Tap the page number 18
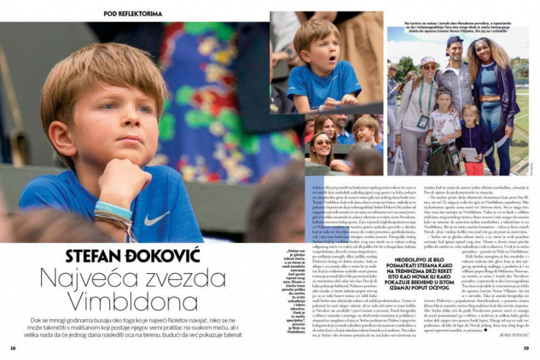click(13, 348)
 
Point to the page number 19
click(526, 348)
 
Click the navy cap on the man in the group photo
click(454, 41)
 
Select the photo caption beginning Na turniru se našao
click(457, 29)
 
